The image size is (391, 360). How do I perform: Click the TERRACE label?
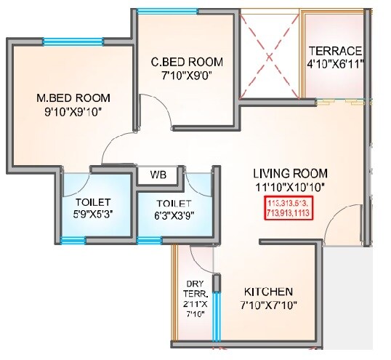(x=335, y=51)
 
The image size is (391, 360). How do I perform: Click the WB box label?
(x=158, y=175)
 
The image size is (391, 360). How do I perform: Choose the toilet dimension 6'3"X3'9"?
(x=174, y=216)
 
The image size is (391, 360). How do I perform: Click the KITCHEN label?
(x=269, y=289)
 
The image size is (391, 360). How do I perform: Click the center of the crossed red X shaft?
(x=270, y=55)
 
